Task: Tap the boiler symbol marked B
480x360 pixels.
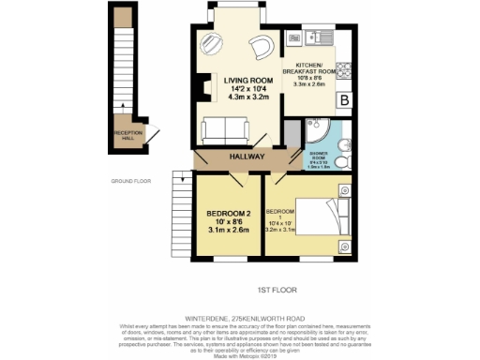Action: [344, 99]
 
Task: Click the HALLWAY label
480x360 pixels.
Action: [239, 158]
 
